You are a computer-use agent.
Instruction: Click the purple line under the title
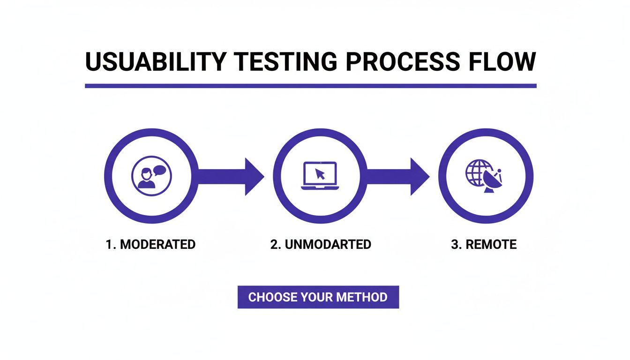click(x=310, y=86)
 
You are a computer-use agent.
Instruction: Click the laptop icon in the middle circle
click(x=319, y=176)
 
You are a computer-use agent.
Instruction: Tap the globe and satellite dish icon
click(x=484, y=176)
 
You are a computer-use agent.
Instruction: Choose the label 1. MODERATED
click(x=150, y=245)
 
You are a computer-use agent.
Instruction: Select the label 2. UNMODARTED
click(x=321, y=245)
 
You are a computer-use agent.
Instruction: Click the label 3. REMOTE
click(x=484, y=245)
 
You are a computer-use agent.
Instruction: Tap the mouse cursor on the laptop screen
click(x=321, y=174)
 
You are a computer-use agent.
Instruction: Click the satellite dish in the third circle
click(x=492, y=180)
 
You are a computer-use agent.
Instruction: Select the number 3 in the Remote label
click(x=454, y=245)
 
